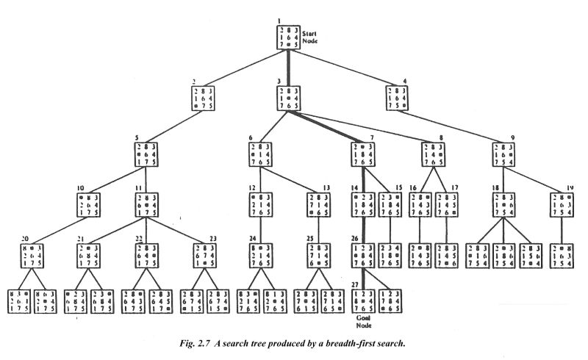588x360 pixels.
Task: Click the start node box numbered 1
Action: (287, 37)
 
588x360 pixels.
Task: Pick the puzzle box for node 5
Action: (146, 155)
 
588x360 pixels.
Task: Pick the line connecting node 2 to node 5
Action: (173, 127)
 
